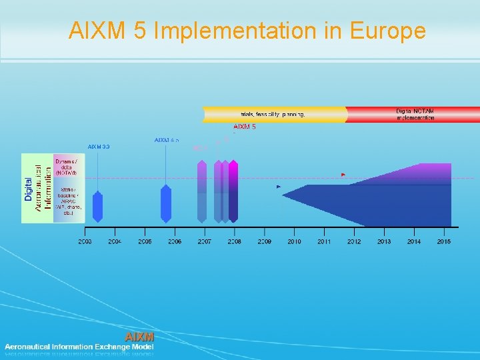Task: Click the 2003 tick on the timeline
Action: [x=85, y=241]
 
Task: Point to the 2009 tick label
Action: [x=265, y=241]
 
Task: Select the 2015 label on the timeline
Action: [x=443, y=241]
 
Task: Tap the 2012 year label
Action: [x=354, y=241]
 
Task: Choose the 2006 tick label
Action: [x=175, y=241]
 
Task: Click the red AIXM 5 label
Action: [x=245, y=127]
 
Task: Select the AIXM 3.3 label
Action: [x=99, y=146]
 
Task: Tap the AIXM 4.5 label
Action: [x=166, y=140]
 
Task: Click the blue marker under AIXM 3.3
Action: [x=98, y=207]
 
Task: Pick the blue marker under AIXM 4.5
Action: [x=166, y=204]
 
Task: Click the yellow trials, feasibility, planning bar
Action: [x=274, y=115]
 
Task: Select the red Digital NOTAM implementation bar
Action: [x=413, y=114]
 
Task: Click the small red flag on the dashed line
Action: [x=343, y=175]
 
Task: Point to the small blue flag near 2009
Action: [x=279, y=187]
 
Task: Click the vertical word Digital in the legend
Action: [x=28, y=189]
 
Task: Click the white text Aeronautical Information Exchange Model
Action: [x=79, y=347]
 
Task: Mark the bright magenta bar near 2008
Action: [x=233, y=191]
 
